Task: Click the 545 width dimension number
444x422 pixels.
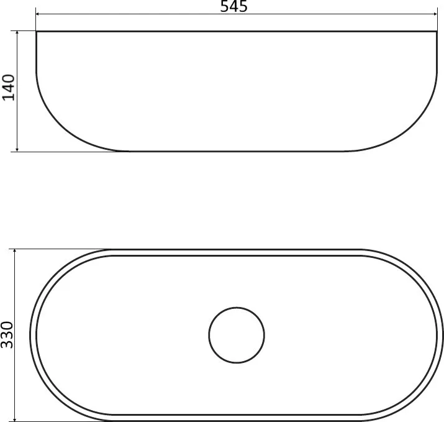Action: click(233, 6)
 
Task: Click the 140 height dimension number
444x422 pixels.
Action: click(8, 88)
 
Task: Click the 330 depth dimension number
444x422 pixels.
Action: click(7, 335)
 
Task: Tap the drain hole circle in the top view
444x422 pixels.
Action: click(237, 307)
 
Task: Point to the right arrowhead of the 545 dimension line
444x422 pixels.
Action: click(435, 14)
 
